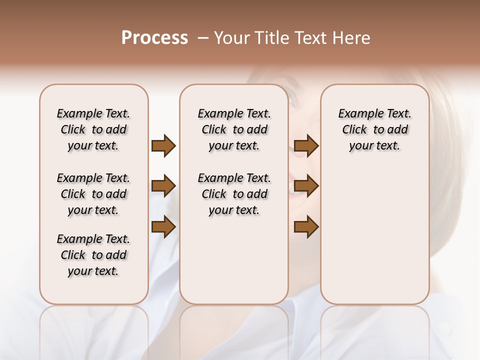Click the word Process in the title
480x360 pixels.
[154, 38]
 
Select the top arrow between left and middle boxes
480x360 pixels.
[163, 145]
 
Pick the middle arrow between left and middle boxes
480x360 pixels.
[163, 186]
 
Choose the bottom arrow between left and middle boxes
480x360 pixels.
[163, 227]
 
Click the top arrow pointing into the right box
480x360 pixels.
[306, 145]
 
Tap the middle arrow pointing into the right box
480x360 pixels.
[306, 186]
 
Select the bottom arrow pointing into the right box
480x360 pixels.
[306, 227]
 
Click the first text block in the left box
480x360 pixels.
[93, 129]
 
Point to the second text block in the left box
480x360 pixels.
[93, 194]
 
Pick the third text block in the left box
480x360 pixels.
[93, 255]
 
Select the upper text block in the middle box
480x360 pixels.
[234, 129]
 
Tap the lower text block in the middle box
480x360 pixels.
[234, 194]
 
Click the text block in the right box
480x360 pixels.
[375, 129]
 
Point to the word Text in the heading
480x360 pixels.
[308, 38]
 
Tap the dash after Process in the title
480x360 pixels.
[202, 38]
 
